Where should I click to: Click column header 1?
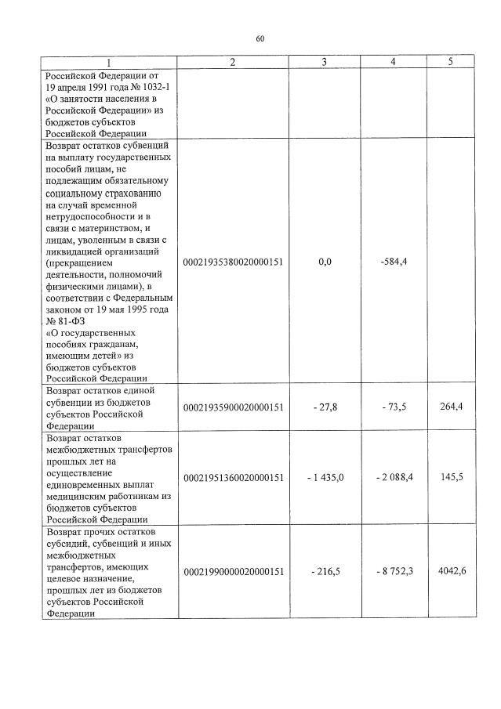[x=109, y=62]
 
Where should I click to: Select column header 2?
[x=233, y=62]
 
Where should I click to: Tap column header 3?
[x=325, y=62]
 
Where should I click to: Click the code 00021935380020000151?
[x=233, y=262]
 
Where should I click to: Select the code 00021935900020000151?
[x=233, y=407]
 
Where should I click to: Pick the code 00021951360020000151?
[x=233, y=477]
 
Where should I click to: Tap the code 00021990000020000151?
[x=233, y=573]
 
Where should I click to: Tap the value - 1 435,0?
[x=322, y=477]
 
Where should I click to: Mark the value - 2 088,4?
[x=391, y=477]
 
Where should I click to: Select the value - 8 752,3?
[x=391, y=573]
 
